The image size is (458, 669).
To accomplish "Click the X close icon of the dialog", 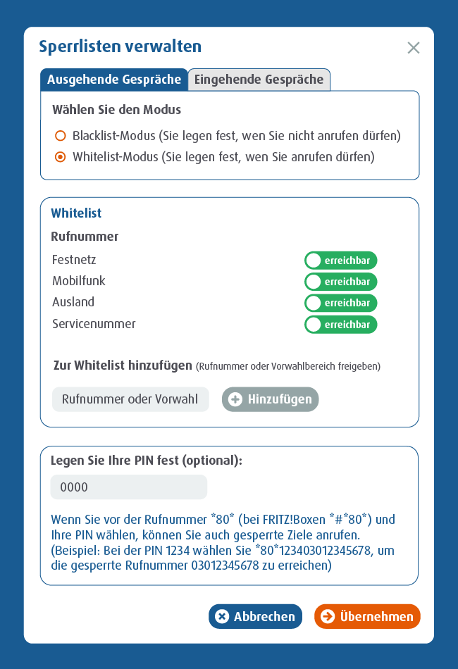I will [x=414, y=48].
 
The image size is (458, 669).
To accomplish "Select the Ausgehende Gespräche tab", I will [x=114, y=80].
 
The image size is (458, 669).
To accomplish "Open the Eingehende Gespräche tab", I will [x=259, y=80].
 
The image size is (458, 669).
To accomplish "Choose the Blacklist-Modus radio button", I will [x=61, y=135].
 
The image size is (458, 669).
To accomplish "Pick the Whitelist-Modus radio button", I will [x=61, y=157].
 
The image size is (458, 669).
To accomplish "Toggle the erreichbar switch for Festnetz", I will [x=341, y=261].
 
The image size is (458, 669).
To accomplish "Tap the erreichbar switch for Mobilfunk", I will [x=341, y=282].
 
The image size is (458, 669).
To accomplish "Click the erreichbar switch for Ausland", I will [x=341, y=303].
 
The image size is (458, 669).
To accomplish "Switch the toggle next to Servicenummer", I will [x=341, y=325].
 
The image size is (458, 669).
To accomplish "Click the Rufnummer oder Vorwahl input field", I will [x=130, y=399].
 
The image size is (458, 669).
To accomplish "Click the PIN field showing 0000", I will [x=129, y=487].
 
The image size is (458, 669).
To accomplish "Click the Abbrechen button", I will [x=255, y=617].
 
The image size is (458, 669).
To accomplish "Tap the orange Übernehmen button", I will [x=367, y=617].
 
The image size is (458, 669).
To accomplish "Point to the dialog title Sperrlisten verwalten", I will [x=120, y=47].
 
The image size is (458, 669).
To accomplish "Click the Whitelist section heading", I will [x=76, y=213].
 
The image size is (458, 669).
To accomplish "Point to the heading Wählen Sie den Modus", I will [x=116, y=110].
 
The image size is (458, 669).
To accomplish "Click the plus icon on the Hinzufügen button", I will [x=235, y=399].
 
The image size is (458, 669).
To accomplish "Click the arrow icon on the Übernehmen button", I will [x=327, y=617].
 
